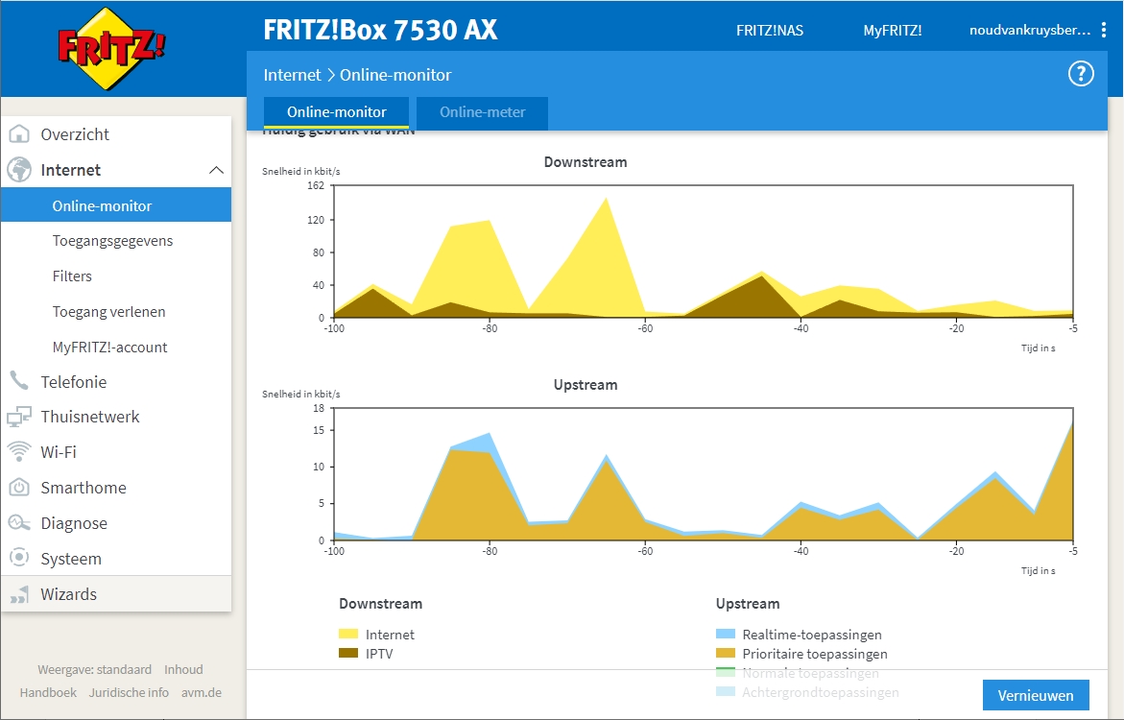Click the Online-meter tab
pyautogui.click(x=482, y=112)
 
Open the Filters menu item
pyautogui.click(x=72, y=276)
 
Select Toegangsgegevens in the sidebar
pyautogui.click(x=112, y=241)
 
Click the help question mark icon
pyautogui.click(x=1081, y=74)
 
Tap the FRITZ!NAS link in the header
pyautogui.click(x=770, y=31)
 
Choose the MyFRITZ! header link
pyautogui.click(x=892, y=31)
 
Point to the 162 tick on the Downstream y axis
pyautogui.click(x=316, y=185)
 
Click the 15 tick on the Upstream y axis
pyautogui.click(x=318, y=430)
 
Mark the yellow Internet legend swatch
pyautogui.click(x=348, y=635)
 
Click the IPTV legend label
pyautogui.click(x=379, y=654)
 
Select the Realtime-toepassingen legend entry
pyautogui.click(x=812, y=635)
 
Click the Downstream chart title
pyautogui.click(x=586, y=162)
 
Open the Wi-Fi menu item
pyautogui.click(x=58, y=452)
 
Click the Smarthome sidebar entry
pyautogui.click(x=83, y=488)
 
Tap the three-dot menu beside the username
pyautogui.click(x=1104, y=31)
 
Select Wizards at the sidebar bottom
pyautogui.click(x=68, y=594)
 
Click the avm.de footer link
pyautogui.click(x=201, y=692)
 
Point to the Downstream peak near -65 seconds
pyautogui.click(x=606, y=199)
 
